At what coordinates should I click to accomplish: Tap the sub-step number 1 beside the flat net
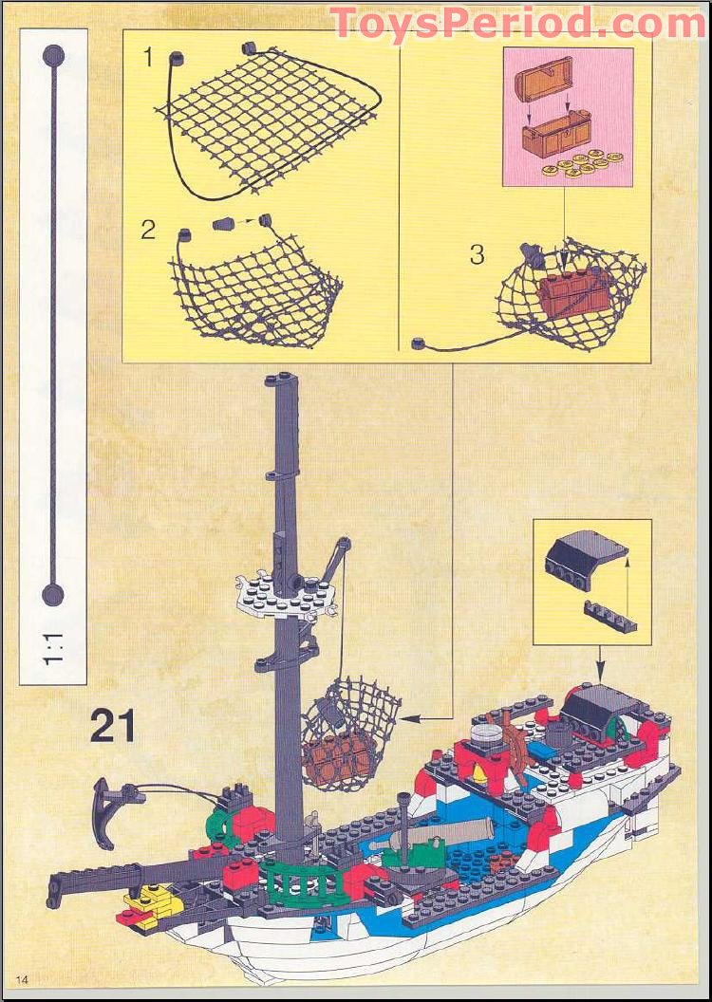tap(147, 57)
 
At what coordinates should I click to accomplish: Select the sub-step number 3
tap(477, 254)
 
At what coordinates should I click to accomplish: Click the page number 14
tap(22, 978)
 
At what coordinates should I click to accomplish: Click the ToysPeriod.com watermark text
tap(516, 23)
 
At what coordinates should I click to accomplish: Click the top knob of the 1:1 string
tap(53, 55)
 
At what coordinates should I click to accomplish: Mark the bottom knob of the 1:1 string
tap(53, 595)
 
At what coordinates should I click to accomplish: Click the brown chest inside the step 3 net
tap(569, 291)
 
